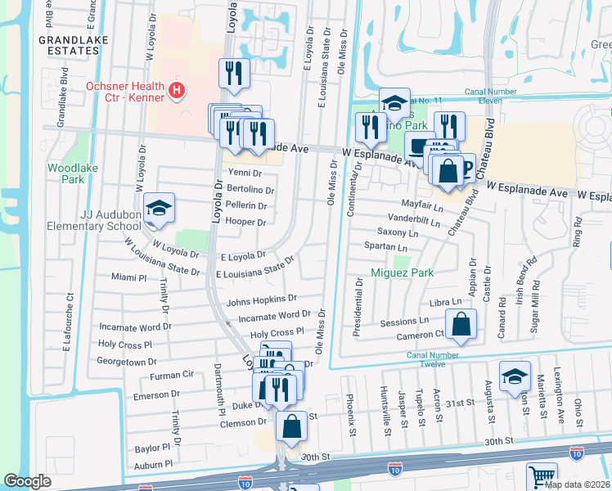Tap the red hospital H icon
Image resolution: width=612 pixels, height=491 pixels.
(x=175, y=90)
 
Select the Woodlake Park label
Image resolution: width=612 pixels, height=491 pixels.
(x=66, y=173)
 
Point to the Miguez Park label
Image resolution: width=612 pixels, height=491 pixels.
(x=401, y=272)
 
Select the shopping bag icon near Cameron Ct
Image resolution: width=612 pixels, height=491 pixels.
(x=461, y=322)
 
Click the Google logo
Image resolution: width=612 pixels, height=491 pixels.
(x=28, y=481)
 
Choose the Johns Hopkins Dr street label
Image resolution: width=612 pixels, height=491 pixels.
(x=262, y=300)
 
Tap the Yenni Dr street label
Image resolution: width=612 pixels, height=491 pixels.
(x=245, y=173)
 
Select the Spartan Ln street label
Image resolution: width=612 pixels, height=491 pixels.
(x=386, y=247)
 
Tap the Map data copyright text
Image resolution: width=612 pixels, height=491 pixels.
(x=577, y=484)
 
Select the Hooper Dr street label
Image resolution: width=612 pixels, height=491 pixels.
(x=246, y=222)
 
